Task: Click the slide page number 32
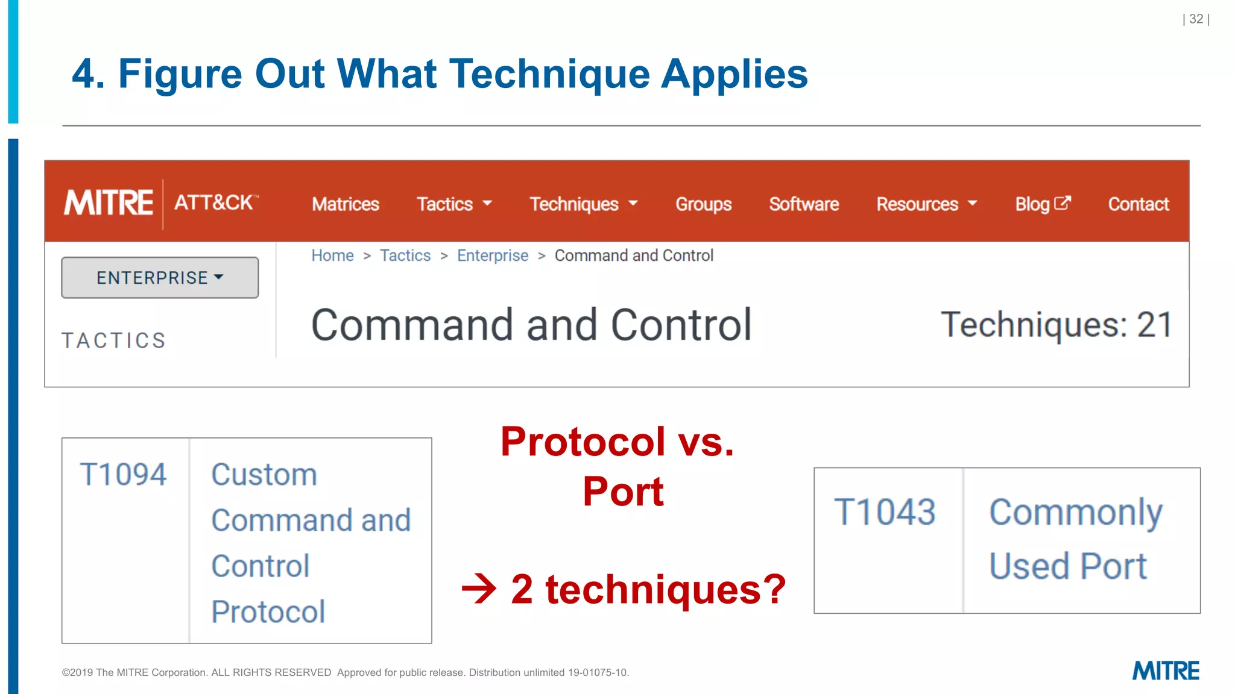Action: point(1196,19)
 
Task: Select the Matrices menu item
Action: point(346,204)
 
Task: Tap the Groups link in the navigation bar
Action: point(703,204)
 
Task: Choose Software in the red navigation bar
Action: point(804,204)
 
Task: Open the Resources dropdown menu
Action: point(926,204)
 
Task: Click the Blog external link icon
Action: point(1063,203)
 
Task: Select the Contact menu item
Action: point(1139,204)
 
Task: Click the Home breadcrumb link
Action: point(332,255)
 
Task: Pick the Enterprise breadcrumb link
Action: point(493,255)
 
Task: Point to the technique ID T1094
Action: point(123,474)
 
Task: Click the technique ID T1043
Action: point(885,512)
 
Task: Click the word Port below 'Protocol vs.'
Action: point(623,492)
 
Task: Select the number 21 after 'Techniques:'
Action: point(1154,325)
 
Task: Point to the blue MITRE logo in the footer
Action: point(1166,671)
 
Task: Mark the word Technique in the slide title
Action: point(549,74)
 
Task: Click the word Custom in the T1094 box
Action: point(264,474)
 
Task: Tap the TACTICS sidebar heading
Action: point(114,340)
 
